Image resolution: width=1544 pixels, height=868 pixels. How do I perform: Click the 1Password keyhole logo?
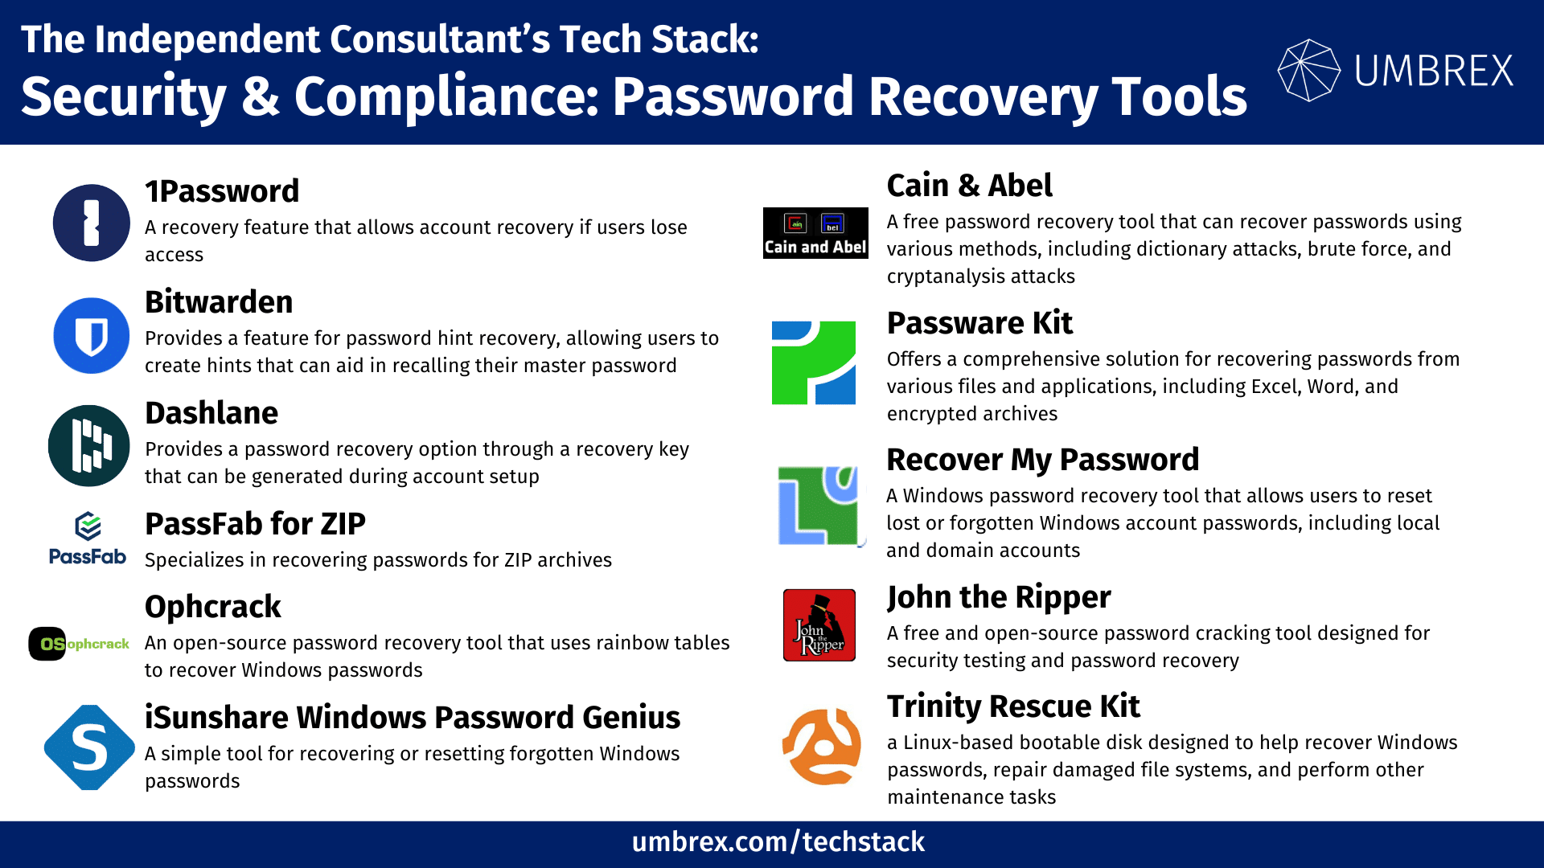pos(91,223)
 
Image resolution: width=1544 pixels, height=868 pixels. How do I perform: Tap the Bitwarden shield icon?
pos(91,335)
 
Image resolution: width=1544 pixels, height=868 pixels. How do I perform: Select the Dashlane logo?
pos(88,446)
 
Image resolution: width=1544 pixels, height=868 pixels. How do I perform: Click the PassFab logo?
pos(88,538)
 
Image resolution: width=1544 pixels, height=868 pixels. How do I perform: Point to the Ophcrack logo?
pos(79,644)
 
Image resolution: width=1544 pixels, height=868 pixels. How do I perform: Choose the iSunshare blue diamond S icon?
pos(89,747)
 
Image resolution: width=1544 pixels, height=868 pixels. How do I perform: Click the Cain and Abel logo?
pos(815,233)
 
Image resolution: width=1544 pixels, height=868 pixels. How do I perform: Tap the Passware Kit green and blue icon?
pos(814,362)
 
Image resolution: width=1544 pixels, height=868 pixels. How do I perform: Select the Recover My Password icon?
pos(819,506)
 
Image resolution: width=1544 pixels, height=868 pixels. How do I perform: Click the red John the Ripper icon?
pos(819,624)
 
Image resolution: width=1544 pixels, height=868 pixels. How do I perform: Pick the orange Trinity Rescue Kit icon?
pos(821,747)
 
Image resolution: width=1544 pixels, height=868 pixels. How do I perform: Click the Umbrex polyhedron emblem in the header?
pos(1309,70)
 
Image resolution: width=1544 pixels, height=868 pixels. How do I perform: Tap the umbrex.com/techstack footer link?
pos(778,842)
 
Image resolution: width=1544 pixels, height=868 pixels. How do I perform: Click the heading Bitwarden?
pos(219,302)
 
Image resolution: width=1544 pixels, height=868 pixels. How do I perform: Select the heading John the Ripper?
pos(999,597)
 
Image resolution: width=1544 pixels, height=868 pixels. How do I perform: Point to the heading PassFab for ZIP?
pos(255,524)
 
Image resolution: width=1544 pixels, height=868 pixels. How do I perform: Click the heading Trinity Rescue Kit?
pos(1013,706)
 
